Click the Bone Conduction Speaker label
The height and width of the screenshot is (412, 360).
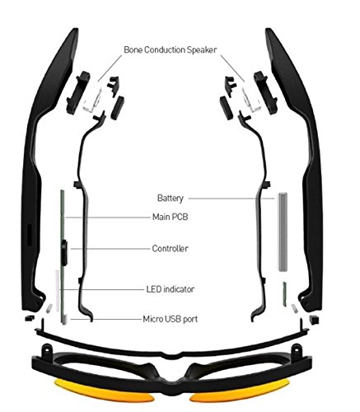coord(171,49)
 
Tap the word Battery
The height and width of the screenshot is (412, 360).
coord(171,198)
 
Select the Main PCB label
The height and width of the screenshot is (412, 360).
coord(171,217)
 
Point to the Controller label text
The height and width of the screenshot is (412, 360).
coord(171,249)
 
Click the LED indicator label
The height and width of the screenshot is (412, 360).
coord(171,289)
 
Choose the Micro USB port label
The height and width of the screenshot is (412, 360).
coord(171,319)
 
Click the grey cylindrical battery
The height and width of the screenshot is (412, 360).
coord(283,232)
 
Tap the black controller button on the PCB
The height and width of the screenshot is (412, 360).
coord(64,253)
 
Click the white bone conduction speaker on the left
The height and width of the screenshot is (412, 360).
coord(92,98)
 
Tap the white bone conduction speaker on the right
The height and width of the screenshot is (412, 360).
coord(251,98)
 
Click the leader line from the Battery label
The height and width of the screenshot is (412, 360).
coord(231,199)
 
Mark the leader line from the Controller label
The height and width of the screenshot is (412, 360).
coord(110,249)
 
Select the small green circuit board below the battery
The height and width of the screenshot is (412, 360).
coord(285,294)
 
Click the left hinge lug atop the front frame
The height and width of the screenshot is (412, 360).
coord(46,349)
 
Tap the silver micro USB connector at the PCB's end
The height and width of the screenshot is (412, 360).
coord(64,320)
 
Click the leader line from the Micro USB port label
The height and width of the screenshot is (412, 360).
coord(105,320)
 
